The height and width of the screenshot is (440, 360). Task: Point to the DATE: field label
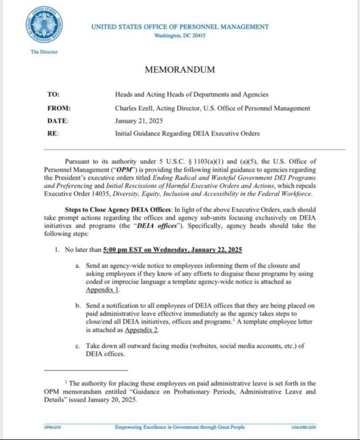pyautogui.click(x=59, y=121)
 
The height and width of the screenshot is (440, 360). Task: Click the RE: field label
pyautogui.click(x=54, y=134)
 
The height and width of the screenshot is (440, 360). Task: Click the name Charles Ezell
pyautogui.click(x=134, y=108)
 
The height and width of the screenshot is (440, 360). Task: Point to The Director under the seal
pyautogui.click(x=44, y=51)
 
